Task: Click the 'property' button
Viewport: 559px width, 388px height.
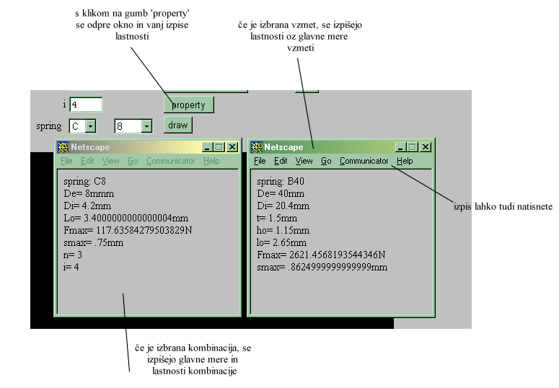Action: [188, 105]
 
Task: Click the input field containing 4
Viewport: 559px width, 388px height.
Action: [86, 105]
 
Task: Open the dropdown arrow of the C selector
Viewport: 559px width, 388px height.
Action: [91, 126]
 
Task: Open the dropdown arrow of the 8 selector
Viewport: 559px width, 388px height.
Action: [146, 126]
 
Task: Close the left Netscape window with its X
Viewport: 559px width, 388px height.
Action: [232, 147]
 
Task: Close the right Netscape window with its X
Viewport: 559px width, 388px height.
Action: [426, 147]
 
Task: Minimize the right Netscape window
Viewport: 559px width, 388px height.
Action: [400, 147]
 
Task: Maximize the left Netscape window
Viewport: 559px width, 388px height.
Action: [219, 147]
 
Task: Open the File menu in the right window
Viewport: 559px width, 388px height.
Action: [260, 161]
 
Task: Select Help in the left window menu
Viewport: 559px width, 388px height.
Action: [211, 161]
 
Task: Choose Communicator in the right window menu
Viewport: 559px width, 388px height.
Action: [364, 161]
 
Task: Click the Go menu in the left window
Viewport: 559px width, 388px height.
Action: [133, 161]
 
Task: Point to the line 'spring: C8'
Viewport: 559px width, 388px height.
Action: [84, 181]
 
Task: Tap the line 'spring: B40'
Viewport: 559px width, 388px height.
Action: [280, 181]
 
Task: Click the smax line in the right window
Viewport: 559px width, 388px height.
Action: [322, 267]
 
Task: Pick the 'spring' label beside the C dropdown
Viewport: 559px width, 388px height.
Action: [49, 126]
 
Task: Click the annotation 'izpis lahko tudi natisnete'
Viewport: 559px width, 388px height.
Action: [503, 206]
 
